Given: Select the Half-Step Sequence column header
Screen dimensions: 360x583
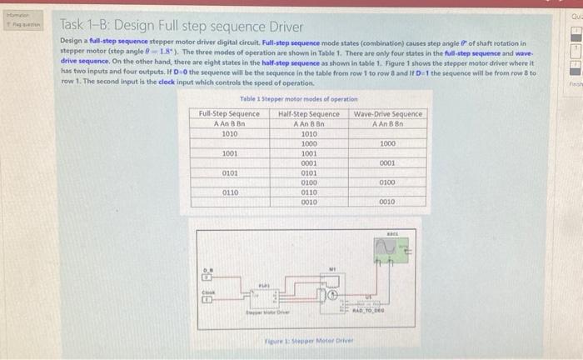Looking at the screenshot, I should tap(308, 113).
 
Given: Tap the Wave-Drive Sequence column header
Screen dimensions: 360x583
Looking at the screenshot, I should tap(387, 113).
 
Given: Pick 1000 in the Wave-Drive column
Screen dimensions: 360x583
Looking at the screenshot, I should tap(387, 143).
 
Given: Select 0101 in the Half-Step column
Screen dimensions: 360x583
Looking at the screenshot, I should tap(308, 172).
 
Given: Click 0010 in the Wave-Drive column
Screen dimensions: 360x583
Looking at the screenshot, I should tap(387, 202).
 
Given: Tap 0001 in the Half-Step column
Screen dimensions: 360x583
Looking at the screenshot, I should tap(308, 162).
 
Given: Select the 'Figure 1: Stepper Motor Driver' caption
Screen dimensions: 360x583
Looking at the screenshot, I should tap(308, 342).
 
